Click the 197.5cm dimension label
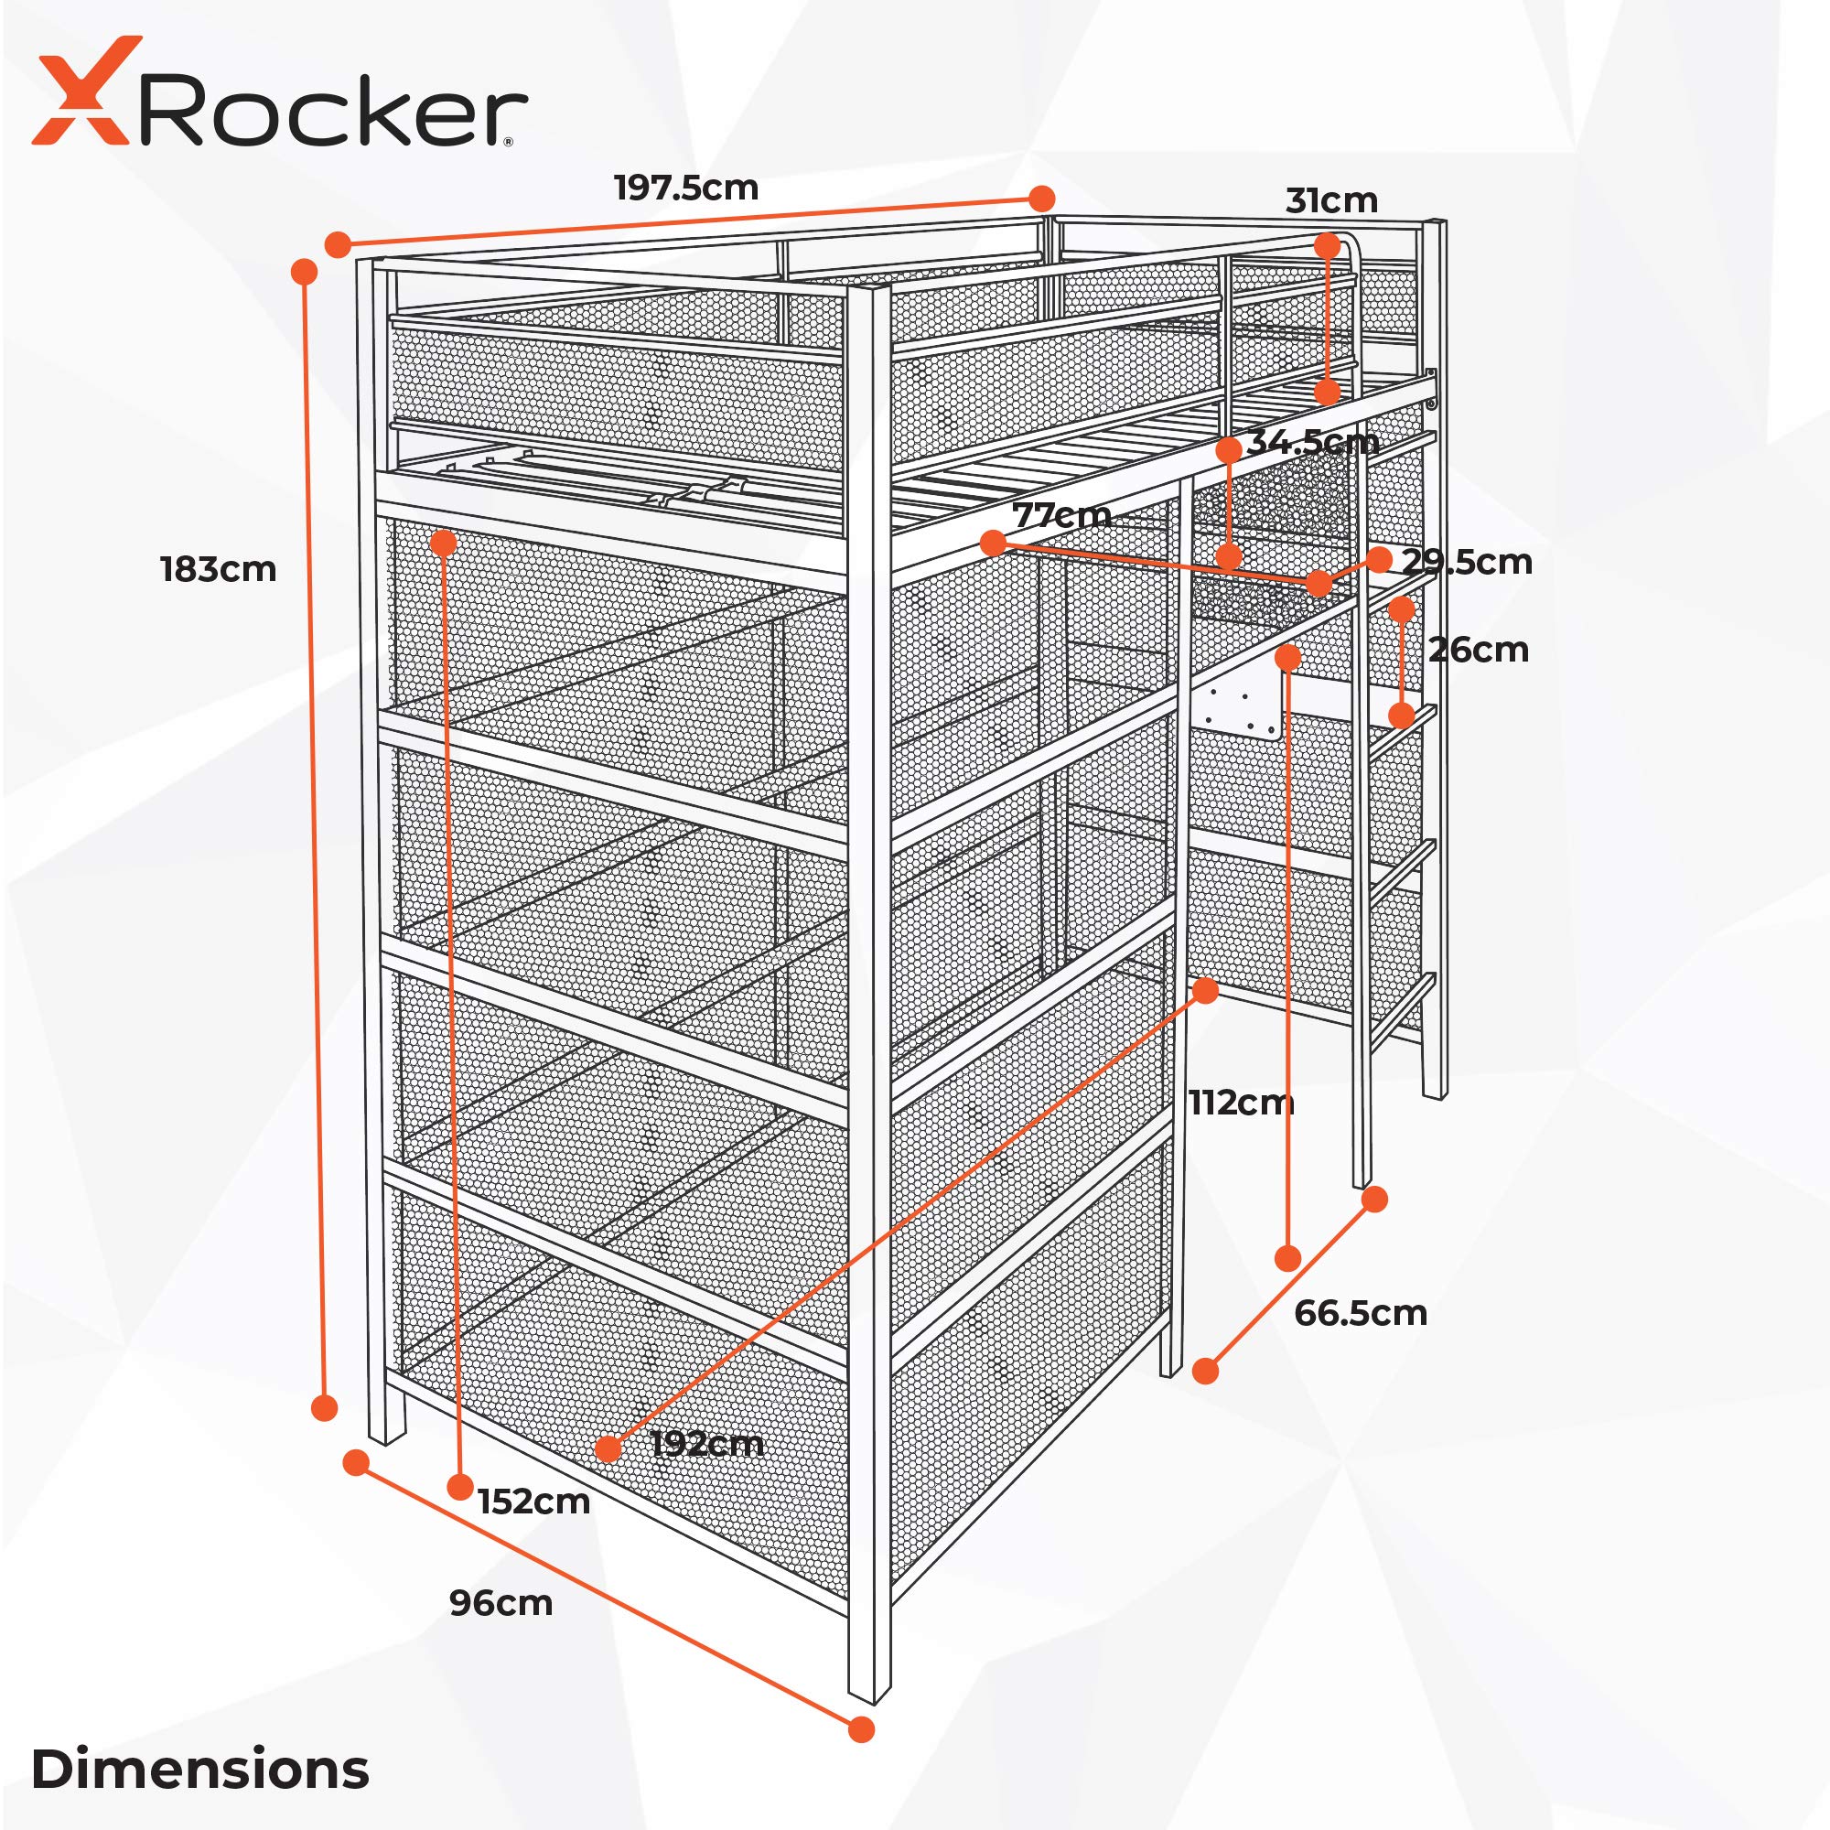pyautogui.click(x=687, y=188)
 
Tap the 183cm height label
pyautogui.click(x=218, y=569)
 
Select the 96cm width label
pyautogui.click(x=501, y=1604)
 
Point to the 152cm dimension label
pyautogui.click(x=534, y=1502)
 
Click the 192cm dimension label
pyautogui.click(x=707, y=1445)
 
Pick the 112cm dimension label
pyautogui.click(x=1241, y=1103)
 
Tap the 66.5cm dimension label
pyautogui.click(x=1361, y=1313)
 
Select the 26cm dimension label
pyautogui.click(x=1478, y=650)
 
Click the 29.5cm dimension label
pyautogui.click(x=1468, y=562)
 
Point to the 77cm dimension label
pyautogui.click(x=1061, y=515)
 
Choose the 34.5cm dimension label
pyautogui.click(x=1313, y=441)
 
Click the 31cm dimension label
pyautogui.click(x=1330, y=200)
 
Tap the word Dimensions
pyautogui.click(x=199, y=1769)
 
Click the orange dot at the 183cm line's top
pyautogui.click(x=304, y=272)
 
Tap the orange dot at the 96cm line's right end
pyautogui.click(x=861, y=1728)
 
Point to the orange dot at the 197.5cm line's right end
pyautogui.click(x=1041, y=199)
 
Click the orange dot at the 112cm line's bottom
pyautogui.click(x=1287, y=1258)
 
